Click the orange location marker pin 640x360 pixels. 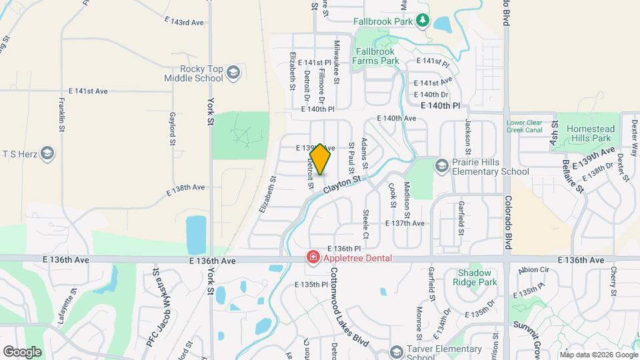320,159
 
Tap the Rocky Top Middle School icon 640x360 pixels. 233,72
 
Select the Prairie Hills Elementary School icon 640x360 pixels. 441,164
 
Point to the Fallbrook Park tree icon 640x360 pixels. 422,21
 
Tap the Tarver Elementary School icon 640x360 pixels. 396,351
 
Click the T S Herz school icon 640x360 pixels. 47,154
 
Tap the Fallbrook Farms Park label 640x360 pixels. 377,56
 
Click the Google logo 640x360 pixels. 22,351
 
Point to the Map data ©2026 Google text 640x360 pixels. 599,354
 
